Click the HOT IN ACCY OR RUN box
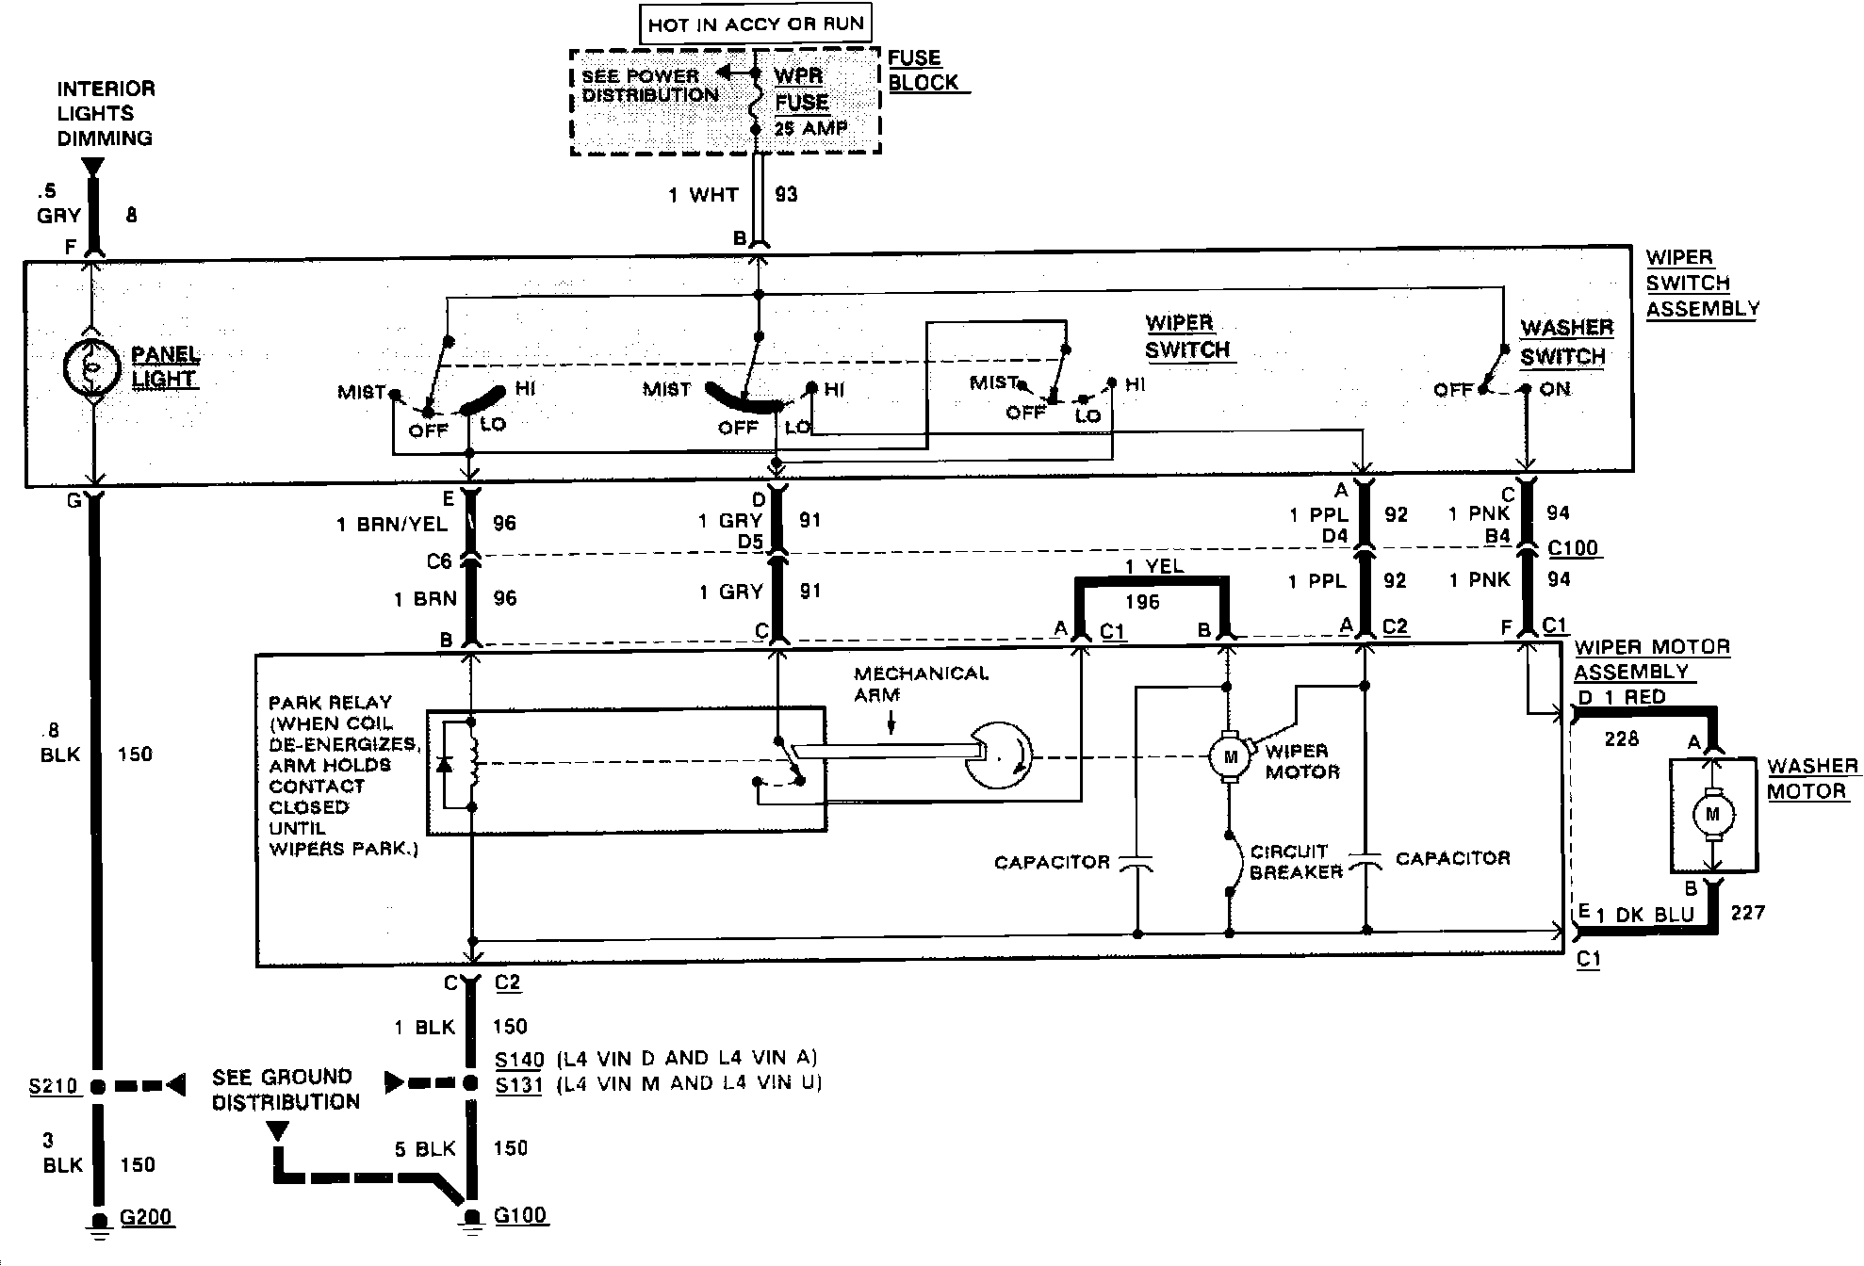point(756,24)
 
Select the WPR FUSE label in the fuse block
point(800,89)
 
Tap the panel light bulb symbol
point(90,367)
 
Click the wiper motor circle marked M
point(1229,756)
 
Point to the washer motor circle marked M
point(1712,814)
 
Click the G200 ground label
point(146,1217)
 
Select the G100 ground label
point(520,1215)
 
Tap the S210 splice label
point(53,1086)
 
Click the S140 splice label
point(518,1060)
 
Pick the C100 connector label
point(1573,548)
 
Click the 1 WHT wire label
point(703,195)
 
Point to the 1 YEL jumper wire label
point(1153,566)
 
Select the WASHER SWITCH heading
point(1565,342)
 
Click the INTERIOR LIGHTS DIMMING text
point(105,113)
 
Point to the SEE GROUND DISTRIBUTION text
point(284,1089)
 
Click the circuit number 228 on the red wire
point(1621,739)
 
